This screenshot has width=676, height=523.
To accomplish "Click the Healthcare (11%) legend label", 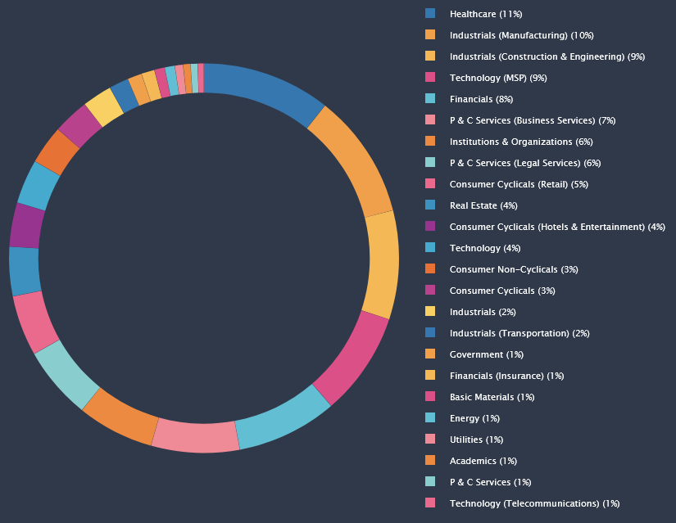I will [x=485, y=14].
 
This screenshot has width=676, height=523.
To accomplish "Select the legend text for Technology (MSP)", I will [x=497, y=78].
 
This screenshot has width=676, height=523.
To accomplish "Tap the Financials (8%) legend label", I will [x=481, y=99].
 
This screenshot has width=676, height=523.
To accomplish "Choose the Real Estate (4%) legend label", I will [x=483, y=205].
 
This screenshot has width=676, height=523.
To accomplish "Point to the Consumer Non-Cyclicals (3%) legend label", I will [x=514, y=269].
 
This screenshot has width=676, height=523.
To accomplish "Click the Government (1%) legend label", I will [x=486, y=354].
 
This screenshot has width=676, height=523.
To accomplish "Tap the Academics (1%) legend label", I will [x=483, y=461].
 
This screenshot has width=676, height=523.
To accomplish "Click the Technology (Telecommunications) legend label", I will [x=534, y=503].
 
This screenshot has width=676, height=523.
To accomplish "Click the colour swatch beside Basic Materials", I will [x=430, y=397].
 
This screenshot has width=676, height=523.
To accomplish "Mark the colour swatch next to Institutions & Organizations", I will [x=430, y=142].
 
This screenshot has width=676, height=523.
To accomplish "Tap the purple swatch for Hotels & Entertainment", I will [x=430, y=227].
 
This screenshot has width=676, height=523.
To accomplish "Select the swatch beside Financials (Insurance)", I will [x=430, y=376].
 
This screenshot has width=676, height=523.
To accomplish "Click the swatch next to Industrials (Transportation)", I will [x=430, y=333].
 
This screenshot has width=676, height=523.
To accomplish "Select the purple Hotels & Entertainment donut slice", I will [x=26, y=225].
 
